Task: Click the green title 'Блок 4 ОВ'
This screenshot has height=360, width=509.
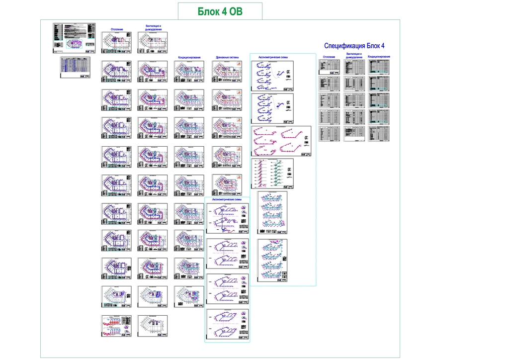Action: point(220,11)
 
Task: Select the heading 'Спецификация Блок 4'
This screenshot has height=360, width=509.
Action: point(354,46)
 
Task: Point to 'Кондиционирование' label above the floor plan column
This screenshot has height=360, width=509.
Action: point(189,58)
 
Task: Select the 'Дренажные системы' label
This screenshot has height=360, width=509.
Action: point(227,58)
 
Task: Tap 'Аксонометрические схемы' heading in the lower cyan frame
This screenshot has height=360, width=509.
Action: point(227,199)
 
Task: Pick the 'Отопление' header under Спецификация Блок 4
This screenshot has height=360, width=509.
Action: point(329,57)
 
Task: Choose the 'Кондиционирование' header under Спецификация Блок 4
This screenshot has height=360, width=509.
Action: point(379,57)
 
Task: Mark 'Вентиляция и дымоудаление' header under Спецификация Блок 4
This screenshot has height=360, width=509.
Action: point(353,55)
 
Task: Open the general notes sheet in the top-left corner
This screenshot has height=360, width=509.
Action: point(76,38)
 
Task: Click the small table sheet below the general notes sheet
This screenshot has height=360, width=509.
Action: point(76,68)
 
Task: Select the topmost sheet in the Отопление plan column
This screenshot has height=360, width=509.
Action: point(116,43)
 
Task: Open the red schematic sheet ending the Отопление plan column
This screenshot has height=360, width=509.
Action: point(116,326)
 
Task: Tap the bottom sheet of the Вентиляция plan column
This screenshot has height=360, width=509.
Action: point(153,326)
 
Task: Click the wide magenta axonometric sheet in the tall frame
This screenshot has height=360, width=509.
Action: point(281,141)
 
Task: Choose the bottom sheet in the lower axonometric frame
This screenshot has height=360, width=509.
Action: point(227,325)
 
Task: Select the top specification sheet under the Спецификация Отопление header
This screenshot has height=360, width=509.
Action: point(329,67)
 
